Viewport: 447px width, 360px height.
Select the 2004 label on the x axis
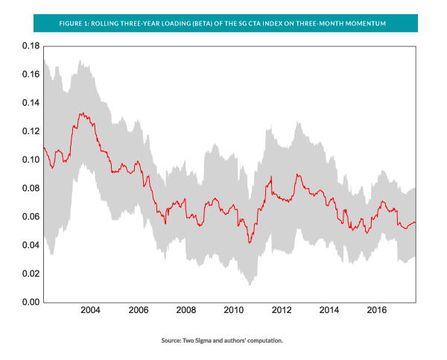pos(90,311)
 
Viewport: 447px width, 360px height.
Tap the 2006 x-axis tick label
pos(138,311)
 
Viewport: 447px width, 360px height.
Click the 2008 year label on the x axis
pos(186,311)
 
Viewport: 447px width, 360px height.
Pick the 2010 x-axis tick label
pos(233,311)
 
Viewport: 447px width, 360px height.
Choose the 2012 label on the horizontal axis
pos(281,311)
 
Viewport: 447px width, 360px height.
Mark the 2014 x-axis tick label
pos(329,311)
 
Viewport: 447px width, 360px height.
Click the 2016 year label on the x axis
pos(376,311)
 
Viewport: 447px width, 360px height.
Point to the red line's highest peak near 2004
pos(81,113)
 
